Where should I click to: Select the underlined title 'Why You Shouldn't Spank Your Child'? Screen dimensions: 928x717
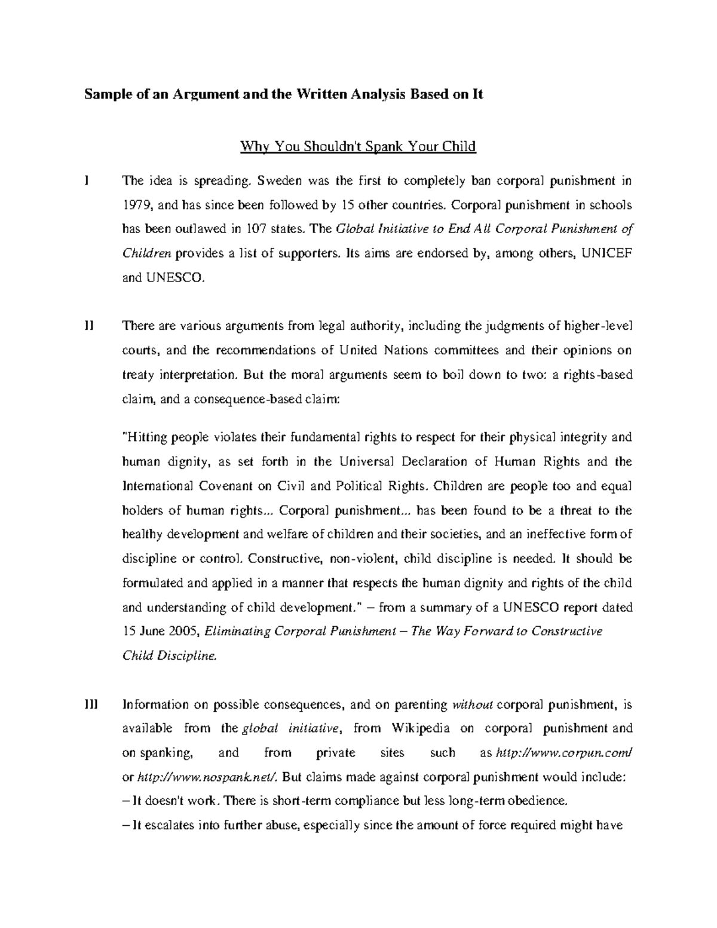coord(357,146)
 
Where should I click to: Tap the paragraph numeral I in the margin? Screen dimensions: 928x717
coord(87,180)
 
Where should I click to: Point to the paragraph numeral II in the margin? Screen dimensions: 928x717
coord(89,326)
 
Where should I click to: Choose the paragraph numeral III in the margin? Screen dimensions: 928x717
coord(90,705)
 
